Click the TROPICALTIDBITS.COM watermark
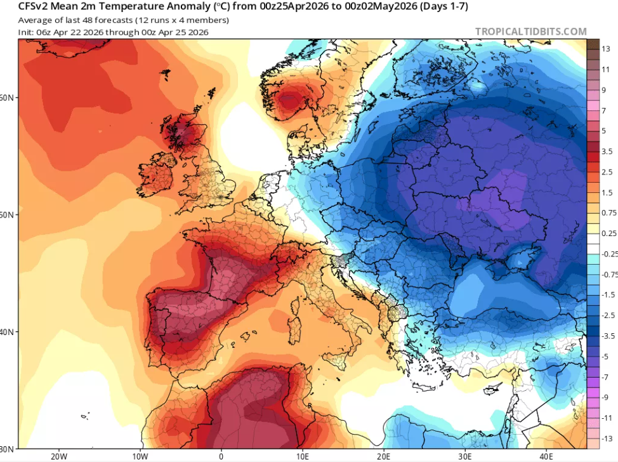point(530,31)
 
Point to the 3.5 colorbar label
point(607,152)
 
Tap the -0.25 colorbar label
point(608,254)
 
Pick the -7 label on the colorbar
point(605,377)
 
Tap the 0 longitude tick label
point(221,455)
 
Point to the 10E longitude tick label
point(303,455)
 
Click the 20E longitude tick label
point(384,455)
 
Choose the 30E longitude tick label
point(465,455)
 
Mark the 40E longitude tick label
point(546,455)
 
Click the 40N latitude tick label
point(8,332)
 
